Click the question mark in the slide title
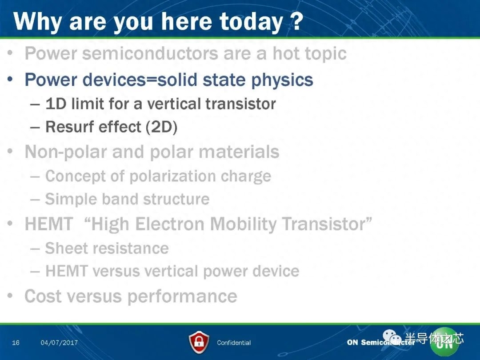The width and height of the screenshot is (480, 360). point(296,21)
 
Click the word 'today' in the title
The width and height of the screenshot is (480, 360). point(251,22)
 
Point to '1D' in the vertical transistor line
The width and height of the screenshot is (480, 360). point(56,104)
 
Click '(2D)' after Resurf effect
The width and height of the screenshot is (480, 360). point(161,128)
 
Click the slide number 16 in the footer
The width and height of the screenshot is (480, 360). point(16,343)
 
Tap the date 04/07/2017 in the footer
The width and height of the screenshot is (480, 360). point(59,343)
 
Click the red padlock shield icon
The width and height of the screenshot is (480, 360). point(199,342)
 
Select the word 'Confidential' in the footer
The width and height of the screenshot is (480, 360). point(234,343)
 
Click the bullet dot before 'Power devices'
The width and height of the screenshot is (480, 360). point(10,79)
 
